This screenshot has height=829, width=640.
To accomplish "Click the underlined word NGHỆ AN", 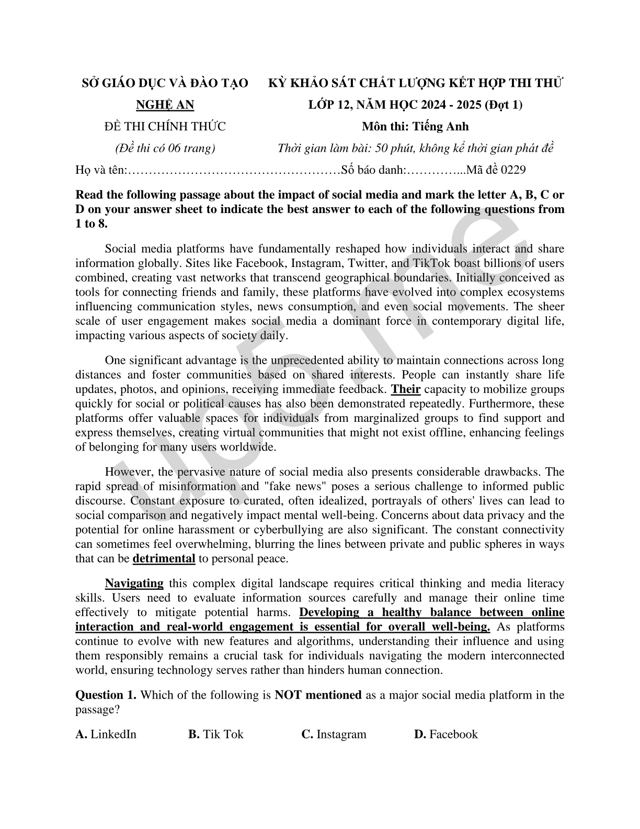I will click(x=165, y=105).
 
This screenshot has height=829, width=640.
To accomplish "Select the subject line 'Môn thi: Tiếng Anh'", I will click(x=415, y=127).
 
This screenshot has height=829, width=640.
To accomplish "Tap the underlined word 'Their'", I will click(x=406, y=389).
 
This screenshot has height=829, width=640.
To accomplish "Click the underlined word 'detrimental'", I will click(x=164, y=558).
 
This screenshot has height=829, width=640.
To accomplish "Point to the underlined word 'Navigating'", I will click(x=134, y=584).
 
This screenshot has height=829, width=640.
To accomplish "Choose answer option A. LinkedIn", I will click(x=106, y=734).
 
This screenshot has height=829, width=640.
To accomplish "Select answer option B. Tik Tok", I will click(x=216, y=734).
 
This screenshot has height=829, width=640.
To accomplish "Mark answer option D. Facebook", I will click(x=446, y=734).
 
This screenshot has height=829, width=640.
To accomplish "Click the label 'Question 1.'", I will click(x=106, y=695).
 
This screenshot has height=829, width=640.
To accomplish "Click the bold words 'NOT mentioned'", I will click(x=318, y=695).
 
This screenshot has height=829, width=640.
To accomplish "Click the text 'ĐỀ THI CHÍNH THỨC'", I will click(x=165, y=127).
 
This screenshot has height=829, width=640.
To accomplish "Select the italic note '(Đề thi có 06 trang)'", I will click(x=165, y=148).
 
